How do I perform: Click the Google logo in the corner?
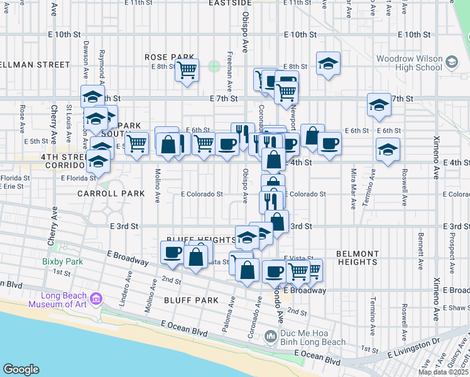tap(21, 369)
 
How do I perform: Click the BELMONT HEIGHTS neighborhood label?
tap(357, 258)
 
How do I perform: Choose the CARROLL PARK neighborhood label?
tap(111, 194)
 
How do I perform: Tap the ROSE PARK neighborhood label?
tap(163, 57)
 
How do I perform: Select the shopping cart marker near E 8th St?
tap(187, 70)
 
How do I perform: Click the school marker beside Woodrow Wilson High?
tap(328, 63)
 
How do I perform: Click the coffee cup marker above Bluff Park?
tap(172, 253)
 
